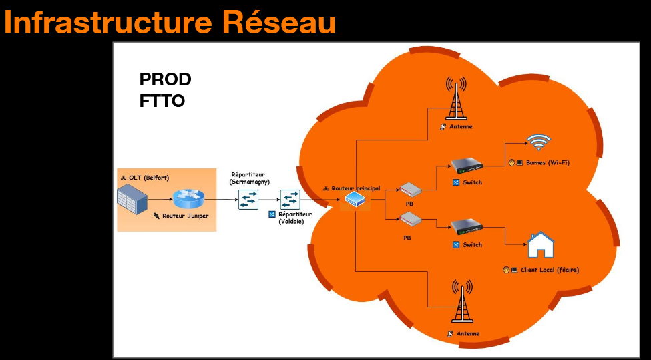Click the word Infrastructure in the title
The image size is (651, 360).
pyautogui.click(x=101, y=22)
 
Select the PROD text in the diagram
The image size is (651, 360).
pyautogui.click(x=165, y=79)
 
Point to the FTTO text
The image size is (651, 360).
pyautogui.click(x=162, y=102)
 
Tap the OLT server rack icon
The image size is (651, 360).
pyautogui.click(x=132, y=199)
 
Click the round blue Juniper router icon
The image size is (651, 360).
pyautogui.click(x=186, y=199)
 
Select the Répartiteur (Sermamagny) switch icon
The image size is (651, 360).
pyautogui.click(x=248, y=199)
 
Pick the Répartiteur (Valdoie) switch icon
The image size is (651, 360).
pyautogui.click(x=290, y=199)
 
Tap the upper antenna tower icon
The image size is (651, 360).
pyautogui.click(x=457, y=98)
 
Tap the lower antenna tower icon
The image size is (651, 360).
pyautogui.click(x=460, y=301)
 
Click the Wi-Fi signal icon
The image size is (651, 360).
pyautogui.click(x=539, y=142)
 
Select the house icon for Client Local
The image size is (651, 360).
pyautogui.click(x=541, y=244)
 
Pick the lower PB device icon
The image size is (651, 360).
pyautogui.click(x=410, y=218)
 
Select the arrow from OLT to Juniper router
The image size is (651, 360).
pyautogui.click(x=160, y=199)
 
